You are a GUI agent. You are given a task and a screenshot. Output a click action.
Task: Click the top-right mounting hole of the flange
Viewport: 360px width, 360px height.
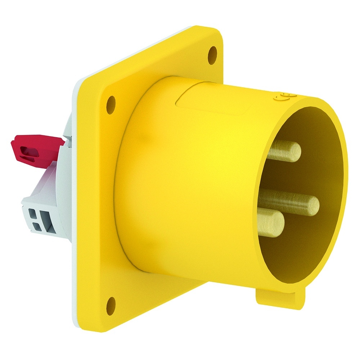(213, 55)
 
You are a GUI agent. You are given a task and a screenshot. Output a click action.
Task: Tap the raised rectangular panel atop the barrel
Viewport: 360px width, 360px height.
(212, 97)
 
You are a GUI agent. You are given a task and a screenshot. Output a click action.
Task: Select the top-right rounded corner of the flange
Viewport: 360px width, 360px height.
(216, 31)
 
